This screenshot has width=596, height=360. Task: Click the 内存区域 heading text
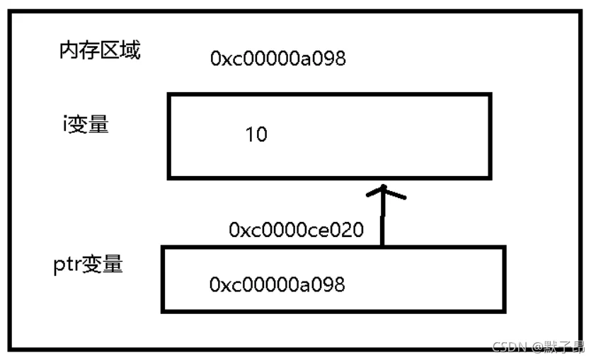[100, 50]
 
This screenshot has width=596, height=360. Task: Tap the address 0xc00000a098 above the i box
[278, 59]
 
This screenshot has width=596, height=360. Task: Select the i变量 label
[86, 124]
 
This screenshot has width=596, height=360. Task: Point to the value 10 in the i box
[256, 134]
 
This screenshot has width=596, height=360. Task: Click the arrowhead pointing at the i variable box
[385, 192]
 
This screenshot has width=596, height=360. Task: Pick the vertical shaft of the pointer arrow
[383, 216]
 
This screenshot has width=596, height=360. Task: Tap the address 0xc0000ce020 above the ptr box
[297, 230]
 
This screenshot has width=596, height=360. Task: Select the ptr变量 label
[88, 264]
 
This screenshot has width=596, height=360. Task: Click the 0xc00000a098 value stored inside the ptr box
[277, 284]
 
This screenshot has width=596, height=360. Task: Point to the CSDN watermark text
[510, 346]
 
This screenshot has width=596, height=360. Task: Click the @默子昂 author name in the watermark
[558, 346]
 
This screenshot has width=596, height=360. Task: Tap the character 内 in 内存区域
[69, 50]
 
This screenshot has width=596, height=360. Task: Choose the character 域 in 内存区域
[131, 50]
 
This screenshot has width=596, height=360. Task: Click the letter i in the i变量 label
[65, 124]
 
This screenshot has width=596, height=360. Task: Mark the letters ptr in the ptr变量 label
[67, 265]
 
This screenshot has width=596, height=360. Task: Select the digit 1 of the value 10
[249, 134]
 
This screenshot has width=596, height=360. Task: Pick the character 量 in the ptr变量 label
[113, 264]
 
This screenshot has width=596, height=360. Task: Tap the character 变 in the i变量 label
[79, 124]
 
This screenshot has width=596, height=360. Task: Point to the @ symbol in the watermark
[538, 347]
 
